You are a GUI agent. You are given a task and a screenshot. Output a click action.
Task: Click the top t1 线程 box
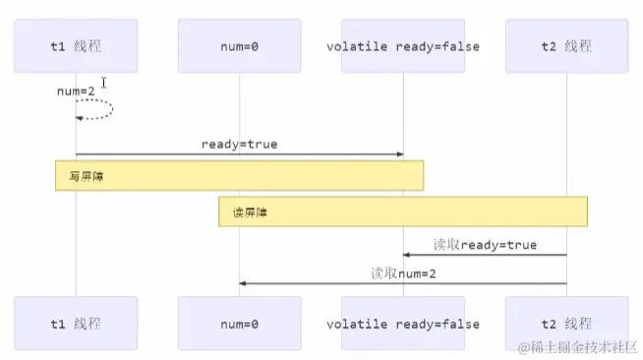76,45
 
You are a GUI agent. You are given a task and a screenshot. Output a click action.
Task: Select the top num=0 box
239,45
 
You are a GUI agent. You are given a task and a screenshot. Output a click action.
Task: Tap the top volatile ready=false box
402,45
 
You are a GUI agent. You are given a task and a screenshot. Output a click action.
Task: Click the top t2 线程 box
566,45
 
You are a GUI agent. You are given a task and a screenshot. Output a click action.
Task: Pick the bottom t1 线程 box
76,324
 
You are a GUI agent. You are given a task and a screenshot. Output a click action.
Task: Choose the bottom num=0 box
239,324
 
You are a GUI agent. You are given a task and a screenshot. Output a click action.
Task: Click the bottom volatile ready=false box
402,324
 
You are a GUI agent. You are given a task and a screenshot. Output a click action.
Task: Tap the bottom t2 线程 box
566,324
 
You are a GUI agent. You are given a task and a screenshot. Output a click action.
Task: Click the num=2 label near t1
75,90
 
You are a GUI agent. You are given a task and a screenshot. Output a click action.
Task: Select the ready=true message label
239,144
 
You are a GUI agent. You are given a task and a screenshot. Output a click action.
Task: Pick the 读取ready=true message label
485,244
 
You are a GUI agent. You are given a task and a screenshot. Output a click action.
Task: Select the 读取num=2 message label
403,272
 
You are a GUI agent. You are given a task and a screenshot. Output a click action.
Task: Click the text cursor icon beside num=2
103,83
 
